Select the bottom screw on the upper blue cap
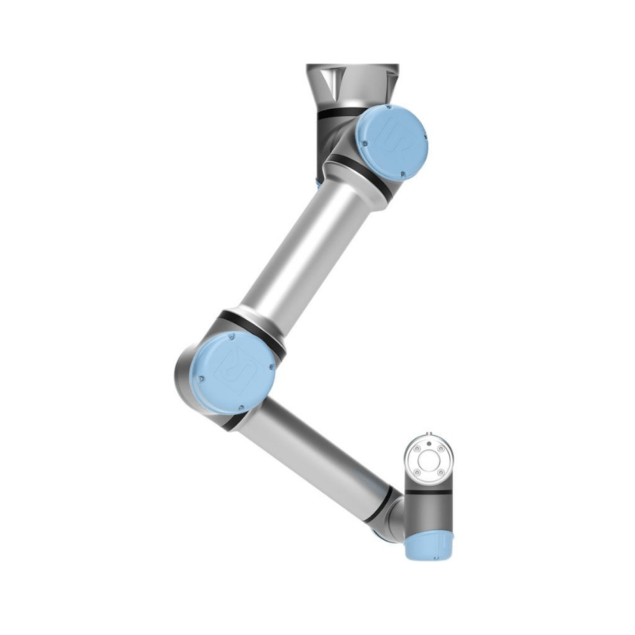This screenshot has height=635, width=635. [401, 173]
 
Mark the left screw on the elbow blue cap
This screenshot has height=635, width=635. [202, 379]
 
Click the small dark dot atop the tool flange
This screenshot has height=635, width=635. [429, 432]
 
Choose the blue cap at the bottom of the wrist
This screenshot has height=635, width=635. [428, 546]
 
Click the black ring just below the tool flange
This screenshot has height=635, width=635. [429, 491]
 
